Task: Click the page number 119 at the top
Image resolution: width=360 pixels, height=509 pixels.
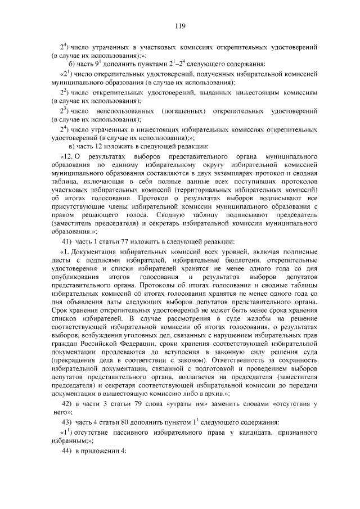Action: pos(180,26)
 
